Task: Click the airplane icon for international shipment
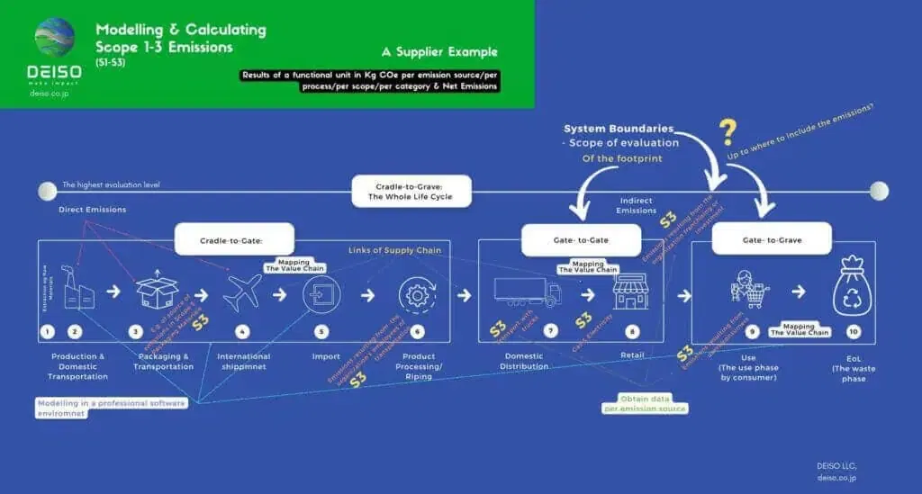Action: tap(240, 292)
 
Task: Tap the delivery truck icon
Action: tap(527, 292)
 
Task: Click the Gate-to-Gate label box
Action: tap(581, 239)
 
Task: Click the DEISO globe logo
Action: tap(54, 35)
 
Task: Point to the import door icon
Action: tap(322, 292)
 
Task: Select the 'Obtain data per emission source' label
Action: tap(645, 402)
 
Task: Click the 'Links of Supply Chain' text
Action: tap(394, 249)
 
